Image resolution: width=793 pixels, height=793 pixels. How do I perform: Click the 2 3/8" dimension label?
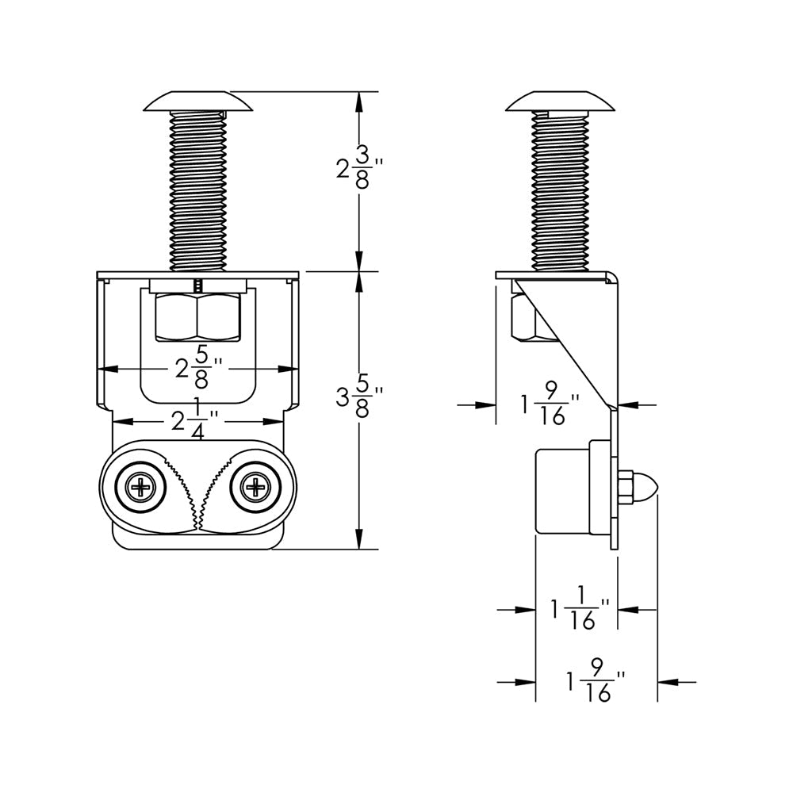click(x=359, y=167)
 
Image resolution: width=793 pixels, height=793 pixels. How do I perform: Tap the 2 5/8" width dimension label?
click(x=197, y=369)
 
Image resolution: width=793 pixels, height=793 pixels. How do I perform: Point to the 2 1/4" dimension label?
click(x=191, y=421)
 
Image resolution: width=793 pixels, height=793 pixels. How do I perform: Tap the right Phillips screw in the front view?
click(x=255, y=487)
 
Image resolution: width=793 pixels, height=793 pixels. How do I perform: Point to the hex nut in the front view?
click(x=198, y=317)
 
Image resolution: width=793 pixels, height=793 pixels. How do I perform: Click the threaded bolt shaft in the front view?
click(x=198, y=190)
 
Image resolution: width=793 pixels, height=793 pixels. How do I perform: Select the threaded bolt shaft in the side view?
click(x=561, y=190)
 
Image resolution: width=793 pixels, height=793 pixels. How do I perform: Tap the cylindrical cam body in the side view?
click(x=563, y=490)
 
